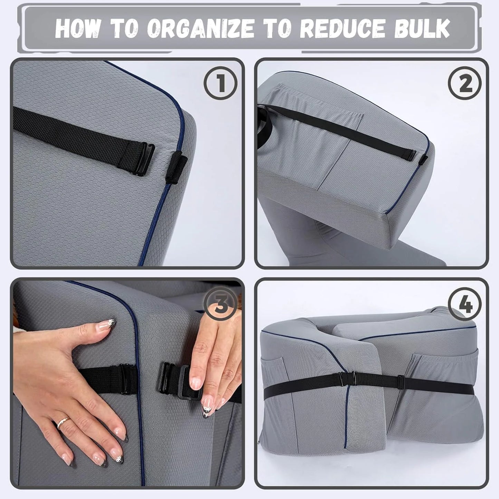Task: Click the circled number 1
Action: pos(220,83)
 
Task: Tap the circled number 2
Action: pos(465,83)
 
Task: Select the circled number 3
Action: pos(220,304)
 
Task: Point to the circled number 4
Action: pos(465,304)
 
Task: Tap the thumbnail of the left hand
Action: pos(106,324)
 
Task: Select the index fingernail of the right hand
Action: pos(196,382)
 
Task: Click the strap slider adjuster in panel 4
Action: pos(401,381)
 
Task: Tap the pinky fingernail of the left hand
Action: pos(66,459)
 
